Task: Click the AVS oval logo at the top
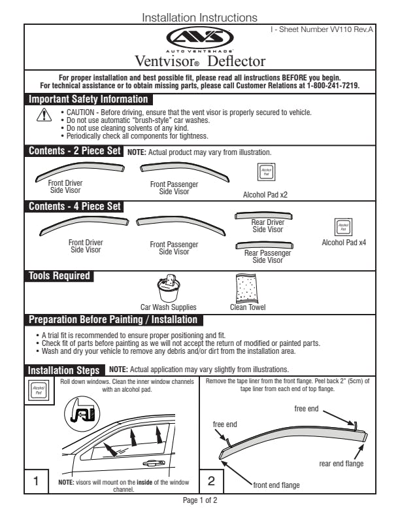199,37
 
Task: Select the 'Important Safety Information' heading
88,99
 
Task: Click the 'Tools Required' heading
59,276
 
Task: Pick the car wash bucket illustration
168,288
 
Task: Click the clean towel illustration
248,288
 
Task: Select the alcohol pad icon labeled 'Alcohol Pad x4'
344,227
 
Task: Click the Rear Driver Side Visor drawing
267,216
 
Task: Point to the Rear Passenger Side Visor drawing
267,245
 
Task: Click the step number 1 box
36,481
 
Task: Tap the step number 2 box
211,481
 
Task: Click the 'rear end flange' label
341,464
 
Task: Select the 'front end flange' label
276,485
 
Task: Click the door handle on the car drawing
154,463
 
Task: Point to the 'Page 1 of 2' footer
200,500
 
